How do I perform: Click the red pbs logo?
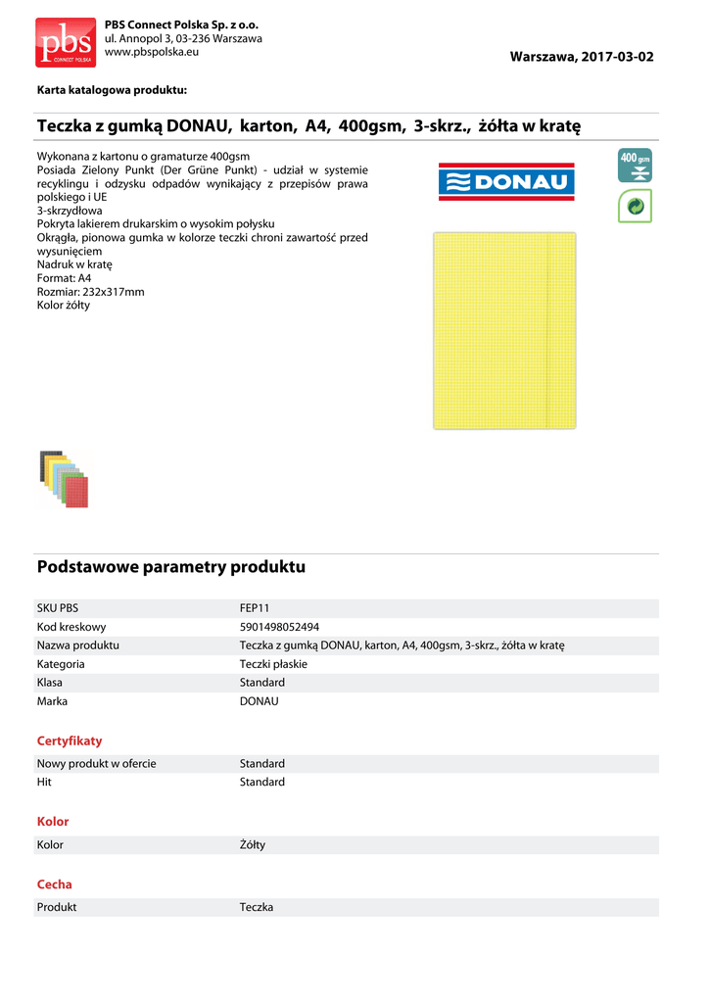66,42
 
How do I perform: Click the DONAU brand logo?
506,181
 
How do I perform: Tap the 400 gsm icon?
635,165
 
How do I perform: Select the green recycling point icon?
635,205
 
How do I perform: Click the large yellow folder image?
504,330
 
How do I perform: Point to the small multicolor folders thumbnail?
64,478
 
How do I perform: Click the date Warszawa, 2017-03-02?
582,57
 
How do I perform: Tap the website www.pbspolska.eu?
151,52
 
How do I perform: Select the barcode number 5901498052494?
279,627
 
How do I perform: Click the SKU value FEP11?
255,608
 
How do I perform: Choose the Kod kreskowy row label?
71,627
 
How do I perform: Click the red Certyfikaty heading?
70,740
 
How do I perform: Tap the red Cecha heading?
55,884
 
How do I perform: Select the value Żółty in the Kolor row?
253,844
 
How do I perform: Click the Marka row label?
53,701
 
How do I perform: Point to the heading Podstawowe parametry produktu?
171,567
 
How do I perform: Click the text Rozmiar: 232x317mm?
90,292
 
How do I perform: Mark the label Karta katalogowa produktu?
112,90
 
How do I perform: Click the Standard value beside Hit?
262,782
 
